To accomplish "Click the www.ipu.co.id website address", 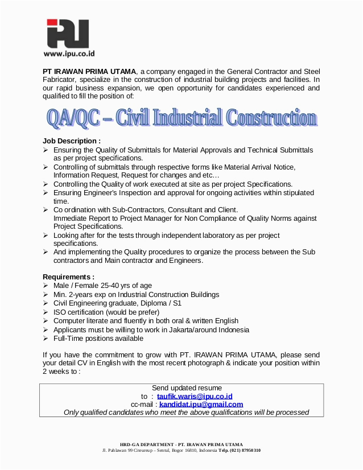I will (69, 54).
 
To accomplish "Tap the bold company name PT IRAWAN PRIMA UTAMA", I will (90, 71).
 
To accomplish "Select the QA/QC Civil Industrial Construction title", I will (181, 118).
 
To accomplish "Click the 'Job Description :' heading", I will (72, 141).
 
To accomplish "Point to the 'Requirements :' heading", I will (69, 277).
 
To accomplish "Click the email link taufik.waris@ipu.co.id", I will (195, 396).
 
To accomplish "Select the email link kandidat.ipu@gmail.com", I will (201, 404).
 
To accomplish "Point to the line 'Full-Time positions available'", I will (98, 338).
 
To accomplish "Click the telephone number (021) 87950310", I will (245, 450).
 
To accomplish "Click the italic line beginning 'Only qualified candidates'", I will (186, 413).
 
